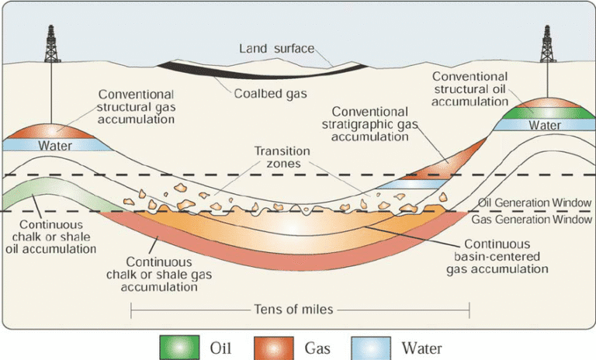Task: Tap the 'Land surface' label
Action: pyautogui.click(x=276, y=48)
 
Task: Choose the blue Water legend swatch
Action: pyautogui.click(x=371, y=345)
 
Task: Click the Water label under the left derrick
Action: pyautogui.click(x=50, y=144)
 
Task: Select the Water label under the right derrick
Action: pyautogui.click(x=545, y=125)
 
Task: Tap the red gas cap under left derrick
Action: pyautogui.click(x=51, y=130)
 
